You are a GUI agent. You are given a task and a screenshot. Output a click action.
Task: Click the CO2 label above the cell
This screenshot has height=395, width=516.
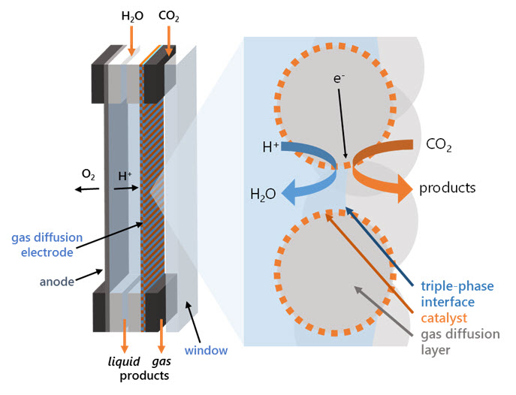point(170,17)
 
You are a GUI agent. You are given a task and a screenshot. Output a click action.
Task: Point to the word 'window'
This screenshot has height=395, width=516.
point(209,351)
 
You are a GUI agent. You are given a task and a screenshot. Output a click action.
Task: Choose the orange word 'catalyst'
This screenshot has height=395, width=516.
point(442,318)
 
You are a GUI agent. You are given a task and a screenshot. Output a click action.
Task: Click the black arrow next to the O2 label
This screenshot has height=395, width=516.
point(87,188)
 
